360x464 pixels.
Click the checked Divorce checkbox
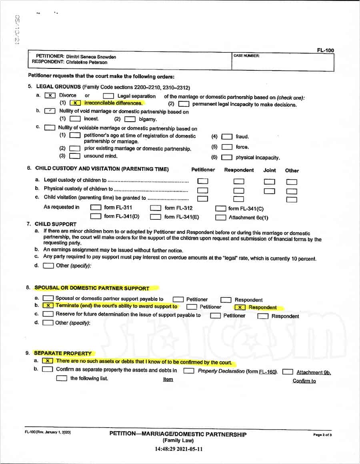pyautogui.click(x=50, y=96)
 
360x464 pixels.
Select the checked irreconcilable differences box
pyautogui.click(x=76, y=103)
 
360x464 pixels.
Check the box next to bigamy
pyautogui.click(x=130, y=119)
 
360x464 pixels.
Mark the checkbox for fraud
pyautogui.click(x=227, y=137)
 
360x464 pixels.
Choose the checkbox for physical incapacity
pyautogui.click(x=227, y=158)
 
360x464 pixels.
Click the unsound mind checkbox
pyautogui.click(x=75, y=156)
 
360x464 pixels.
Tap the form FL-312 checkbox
pyautogui.click(x=156, y=208)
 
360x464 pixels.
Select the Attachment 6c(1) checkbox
pyautogui.click(x=220, y=218)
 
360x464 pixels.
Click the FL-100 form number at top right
pyautogui.click(x=325, y=50)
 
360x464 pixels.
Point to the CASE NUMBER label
pyautogui.click(x=246, y=56)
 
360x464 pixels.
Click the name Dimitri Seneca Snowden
pyautogui.click(x=91, y=57)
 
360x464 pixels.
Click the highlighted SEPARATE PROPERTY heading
pyautogui.click(x=63, y=354)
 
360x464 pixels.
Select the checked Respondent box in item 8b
pyautogui.click(x=240, y=307)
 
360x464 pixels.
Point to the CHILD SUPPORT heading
pyautogui.click(x=56, y=224)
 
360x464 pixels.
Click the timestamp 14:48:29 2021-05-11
pyautogui.click(x=179, y=449)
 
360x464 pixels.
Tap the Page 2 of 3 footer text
pyautogui.click(x=322, y=435)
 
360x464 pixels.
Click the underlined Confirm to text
pyautogui.click(x=304, y=381)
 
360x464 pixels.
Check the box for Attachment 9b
pyautogui.click(x=288, y=372)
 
